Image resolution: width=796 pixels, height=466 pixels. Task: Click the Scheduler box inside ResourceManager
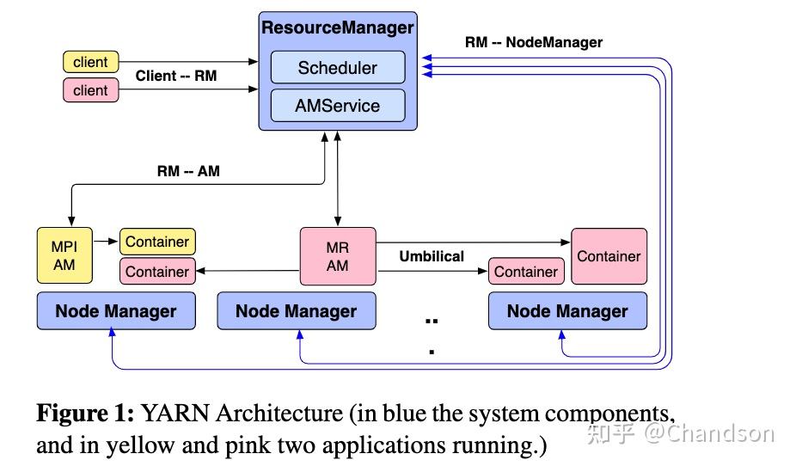(x=337, y=68)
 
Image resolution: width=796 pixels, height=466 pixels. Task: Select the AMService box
(x=337, y=106)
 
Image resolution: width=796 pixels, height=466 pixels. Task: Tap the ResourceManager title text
(x=337, y=28)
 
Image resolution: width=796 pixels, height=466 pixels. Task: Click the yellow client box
(x=90, y=62)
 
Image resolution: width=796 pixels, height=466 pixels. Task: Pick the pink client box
(x=90, y=90)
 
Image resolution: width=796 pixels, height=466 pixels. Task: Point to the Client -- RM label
(x=176, y=76)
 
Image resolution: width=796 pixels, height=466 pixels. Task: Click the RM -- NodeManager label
(x=533, y=42)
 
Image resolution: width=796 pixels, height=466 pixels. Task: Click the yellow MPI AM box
(x=64, y=255)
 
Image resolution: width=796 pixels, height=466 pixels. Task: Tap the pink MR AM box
(x=337, y=256)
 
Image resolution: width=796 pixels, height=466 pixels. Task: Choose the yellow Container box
(x=157, y=242)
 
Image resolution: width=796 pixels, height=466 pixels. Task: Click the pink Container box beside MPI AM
(x=157, y=272)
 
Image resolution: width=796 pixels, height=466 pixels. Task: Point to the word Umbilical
(x=432, y=256)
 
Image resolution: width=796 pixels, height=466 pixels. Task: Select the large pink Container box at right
(x=609, y=256)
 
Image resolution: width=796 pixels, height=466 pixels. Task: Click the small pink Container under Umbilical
(x=525, y=272)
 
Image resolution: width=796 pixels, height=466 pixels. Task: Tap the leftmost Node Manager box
(x=116, y=311)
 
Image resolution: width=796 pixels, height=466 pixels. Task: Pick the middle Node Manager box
(x=296, y=311)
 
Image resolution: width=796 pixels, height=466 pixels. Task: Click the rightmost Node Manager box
(x=567, y=311)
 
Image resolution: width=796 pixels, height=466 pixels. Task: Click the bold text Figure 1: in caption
(x=84, y=414)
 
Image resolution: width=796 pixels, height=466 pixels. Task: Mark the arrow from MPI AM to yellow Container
(x=107, y=242)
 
